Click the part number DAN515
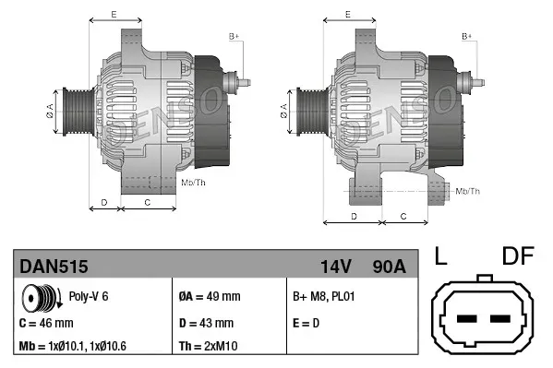(x=54, y=267)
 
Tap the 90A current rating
(x=387, y=267)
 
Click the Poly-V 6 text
(x=90, y=296)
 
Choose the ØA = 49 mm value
(x=209, y=296)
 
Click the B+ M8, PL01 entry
(x=324, y=296)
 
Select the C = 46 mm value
(x=46, y=323)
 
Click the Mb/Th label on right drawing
(x=468, y=191)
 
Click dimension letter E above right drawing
(x=347, y=14)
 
